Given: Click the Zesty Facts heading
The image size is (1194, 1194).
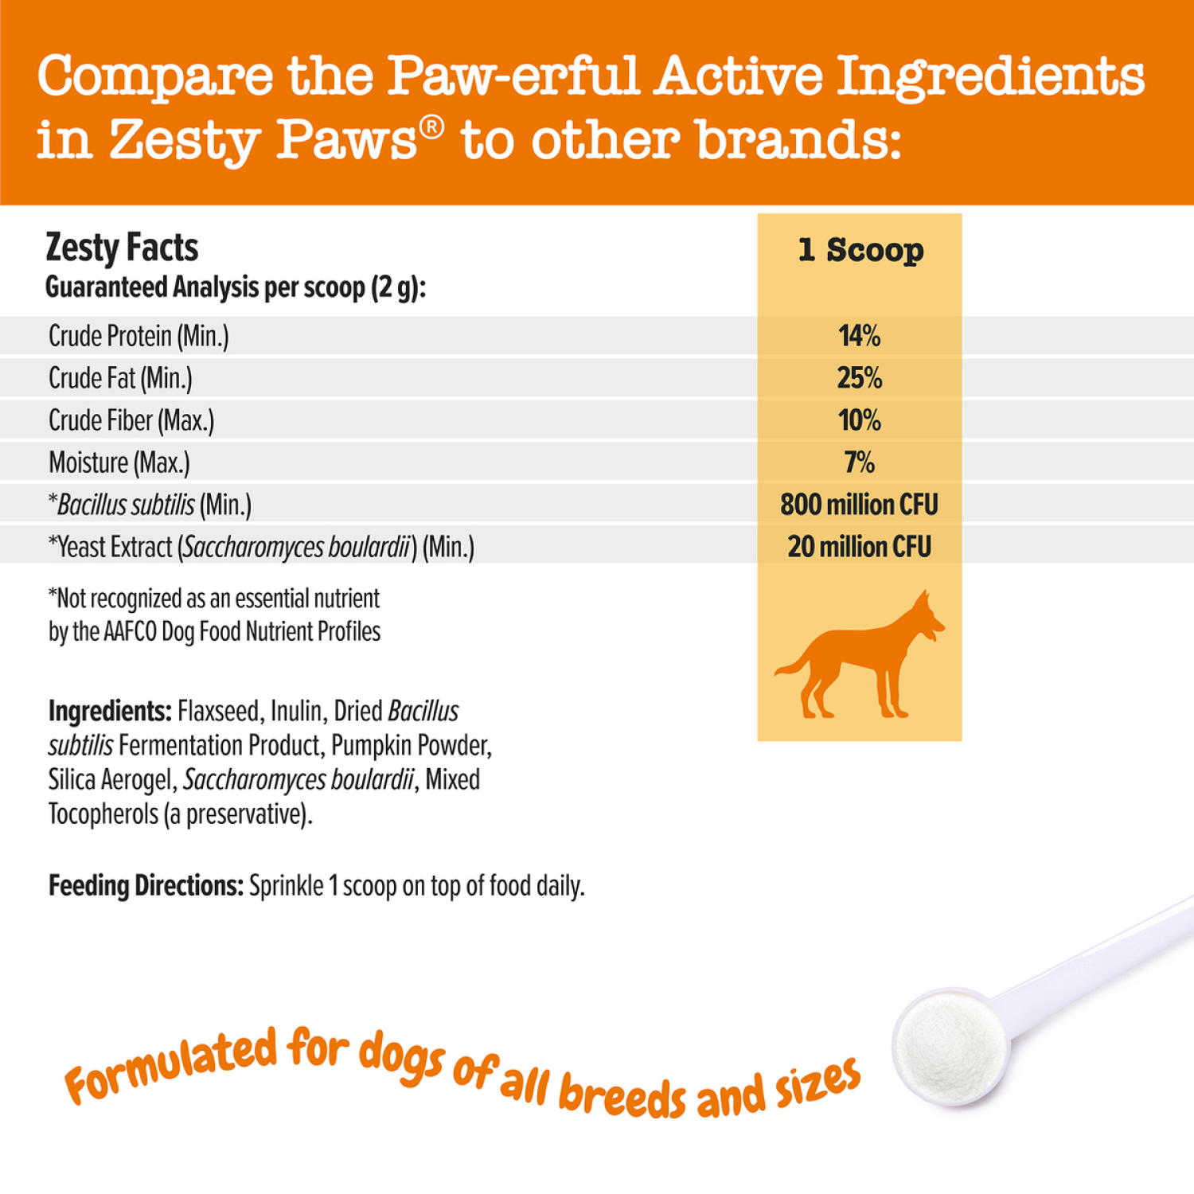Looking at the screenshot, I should coord(122,248).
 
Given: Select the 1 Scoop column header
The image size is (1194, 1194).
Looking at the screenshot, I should coord(860,250).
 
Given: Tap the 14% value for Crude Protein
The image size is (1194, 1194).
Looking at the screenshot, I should coord(860,336).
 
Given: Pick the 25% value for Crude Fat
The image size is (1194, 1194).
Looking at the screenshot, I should coord(860,378).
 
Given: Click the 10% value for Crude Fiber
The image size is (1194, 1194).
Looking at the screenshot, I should coord(860,420).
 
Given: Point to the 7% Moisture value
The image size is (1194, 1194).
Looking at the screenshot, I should coord(860,462).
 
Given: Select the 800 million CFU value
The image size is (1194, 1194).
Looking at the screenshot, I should coord(860,505).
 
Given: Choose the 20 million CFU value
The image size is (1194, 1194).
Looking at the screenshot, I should coord(860,547).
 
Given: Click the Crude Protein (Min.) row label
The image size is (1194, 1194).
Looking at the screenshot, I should coord(139,336).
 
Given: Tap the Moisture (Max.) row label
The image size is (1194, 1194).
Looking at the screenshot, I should coord(119,462).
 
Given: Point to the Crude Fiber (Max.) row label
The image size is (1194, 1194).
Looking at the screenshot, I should coord(131,420).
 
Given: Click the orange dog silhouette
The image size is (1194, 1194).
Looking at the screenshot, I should coord(860,657).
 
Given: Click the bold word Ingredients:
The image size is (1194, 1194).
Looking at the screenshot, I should coord(110,711).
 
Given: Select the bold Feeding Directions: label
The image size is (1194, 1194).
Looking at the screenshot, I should coord(146,886).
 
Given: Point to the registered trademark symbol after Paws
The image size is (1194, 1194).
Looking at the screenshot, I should coord(432,127).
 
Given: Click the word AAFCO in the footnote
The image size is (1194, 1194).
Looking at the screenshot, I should coord(131,632).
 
